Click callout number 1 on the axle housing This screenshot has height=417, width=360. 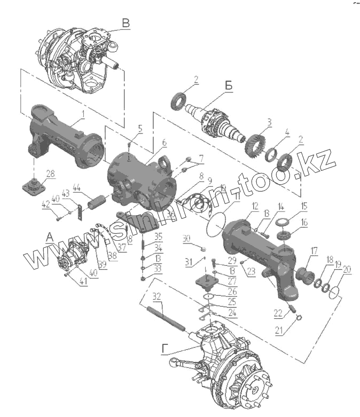tap(83, 114)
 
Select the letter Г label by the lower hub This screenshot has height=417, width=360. tap(166, 350)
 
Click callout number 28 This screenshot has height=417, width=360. tap(50, 172)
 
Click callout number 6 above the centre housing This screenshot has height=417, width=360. tap(163, 143)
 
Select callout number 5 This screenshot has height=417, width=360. tap(140, 129)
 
